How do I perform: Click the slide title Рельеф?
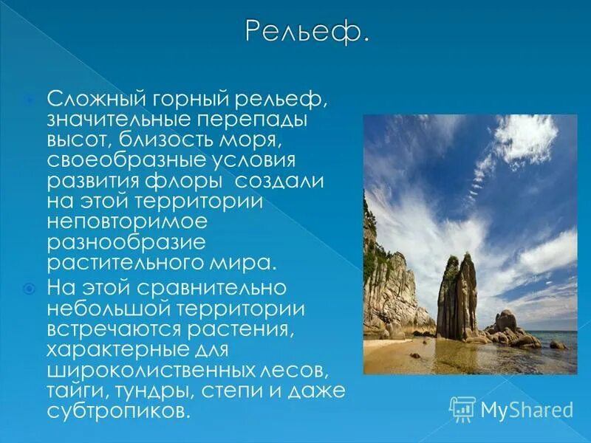305,33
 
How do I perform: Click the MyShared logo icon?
462,408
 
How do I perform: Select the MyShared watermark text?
527,409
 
